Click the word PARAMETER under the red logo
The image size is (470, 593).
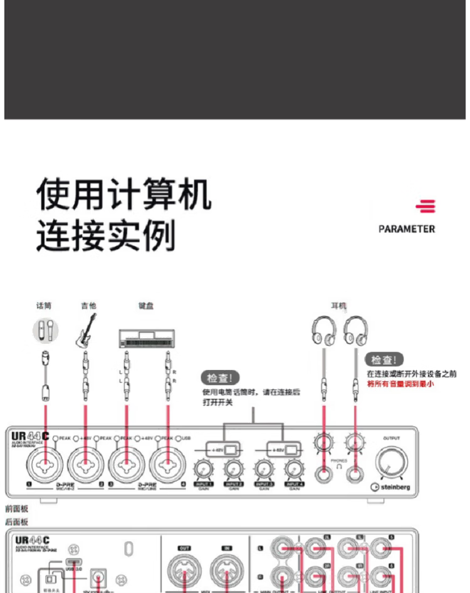tap(406, 229)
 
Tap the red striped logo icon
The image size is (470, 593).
tap(426, 206)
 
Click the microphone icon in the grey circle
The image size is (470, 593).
tap(44, 329)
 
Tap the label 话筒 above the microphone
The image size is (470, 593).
tap(44, 306)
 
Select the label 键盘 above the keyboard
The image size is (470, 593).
tap(146, 306)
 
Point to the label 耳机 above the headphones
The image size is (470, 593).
tap(338, 306)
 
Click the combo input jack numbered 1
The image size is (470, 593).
tap(45, 465)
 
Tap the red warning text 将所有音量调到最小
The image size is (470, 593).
tap(399, 383)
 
